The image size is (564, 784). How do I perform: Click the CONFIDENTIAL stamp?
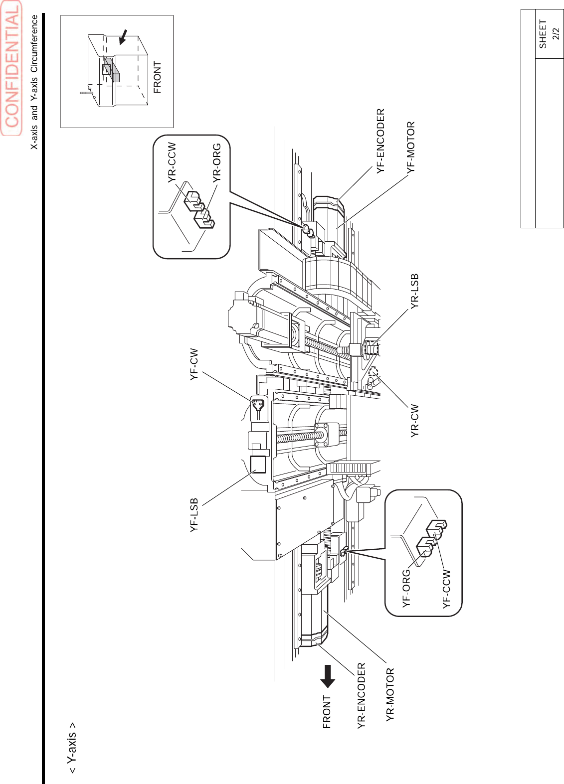[11, 68]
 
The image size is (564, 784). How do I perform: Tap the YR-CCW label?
[172, 162]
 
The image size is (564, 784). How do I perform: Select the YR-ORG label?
[216, 162]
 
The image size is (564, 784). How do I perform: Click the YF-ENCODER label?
[381, 141]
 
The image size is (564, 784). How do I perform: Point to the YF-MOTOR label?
[411, 147]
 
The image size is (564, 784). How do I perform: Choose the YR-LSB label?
[415, 291]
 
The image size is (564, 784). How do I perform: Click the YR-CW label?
[415, 421]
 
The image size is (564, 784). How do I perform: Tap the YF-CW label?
[194, 364]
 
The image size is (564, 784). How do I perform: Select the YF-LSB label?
[194, 514]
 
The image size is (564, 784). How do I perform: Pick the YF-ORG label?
[407, 588]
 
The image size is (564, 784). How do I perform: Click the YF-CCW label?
[446, 589]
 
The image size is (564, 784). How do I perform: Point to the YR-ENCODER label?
[362, 695]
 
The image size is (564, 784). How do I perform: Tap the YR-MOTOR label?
[390, 694]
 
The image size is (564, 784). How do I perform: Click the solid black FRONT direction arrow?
[327, 676]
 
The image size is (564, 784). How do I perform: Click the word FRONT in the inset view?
[158, 77]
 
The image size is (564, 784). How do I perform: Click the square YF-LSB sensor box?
[257, 464]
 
